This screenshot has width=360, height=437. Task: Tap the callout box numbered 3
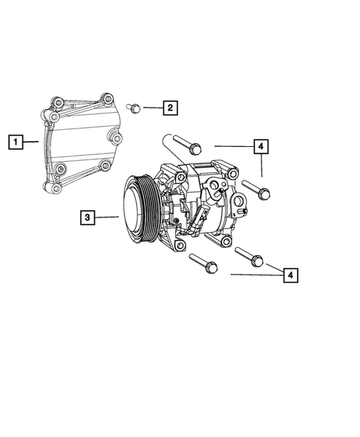click(x=89, y=217)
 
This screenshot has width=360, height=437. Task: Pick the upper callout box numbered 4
click(x=261, y=147)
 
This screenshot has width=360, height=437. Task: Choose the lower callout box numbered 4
click(x=291, y=275)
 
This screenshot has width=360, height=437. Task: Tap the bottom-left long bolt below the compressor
click(x=202, y=262)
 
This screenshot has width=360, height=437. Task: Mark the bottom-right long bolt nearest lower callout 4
click(x=248, y=255)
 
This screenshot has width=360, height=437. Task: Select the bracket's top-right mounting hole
click(x=108, y=99)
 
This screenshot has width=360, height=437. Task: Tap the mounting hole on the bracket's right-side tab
click(x=117, y=138)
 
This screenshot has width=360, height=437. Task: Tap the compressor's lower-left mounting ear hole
click(x=180, y=246)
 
